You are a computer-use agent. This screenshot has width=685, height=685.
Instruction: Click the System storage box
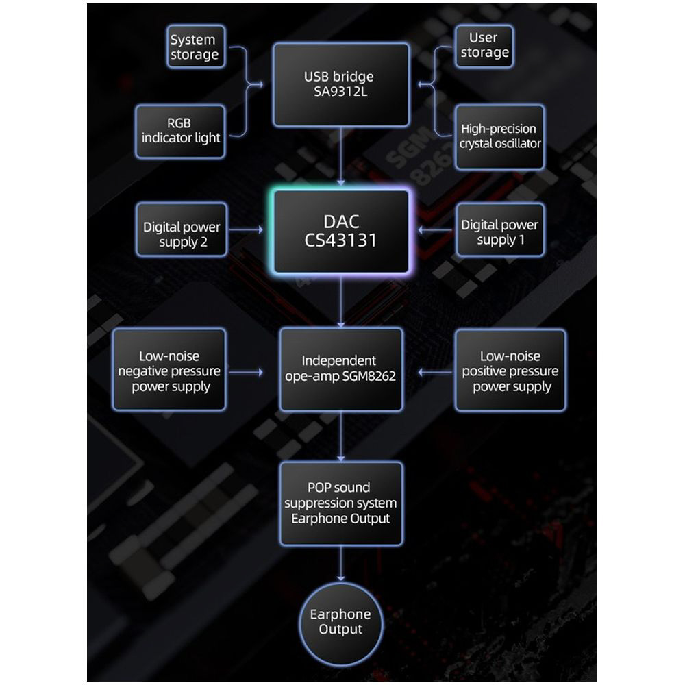tap(195, 47)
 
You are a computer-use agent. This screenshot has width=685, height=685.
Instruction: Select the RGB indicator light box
tap(180, 131)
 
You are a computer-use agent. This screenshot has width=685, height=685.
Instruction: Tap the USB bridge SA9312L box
tap(340, 84)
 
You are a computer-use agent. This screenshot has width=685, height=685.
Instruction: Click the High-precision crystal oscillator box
tap(499, 136)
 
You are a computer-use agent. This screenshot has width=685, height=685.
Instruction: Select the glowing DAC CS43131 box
tap(340, 231)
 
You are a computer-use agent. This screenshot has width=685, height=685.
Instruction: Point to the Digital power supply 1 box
tap(499, 232)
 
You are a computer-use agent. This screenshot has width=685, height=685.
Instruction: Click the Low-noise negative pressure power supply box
tap(169, 370)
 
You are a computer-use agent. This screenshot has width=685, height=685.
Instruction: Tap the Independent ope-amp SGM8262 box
tap(340, 369)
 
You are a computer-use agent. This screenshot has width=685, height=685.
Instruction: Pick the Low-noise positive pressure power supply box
tap(510, 371)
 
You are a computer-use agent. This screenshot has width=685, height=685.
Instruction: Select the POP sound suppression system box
tap(340, 503)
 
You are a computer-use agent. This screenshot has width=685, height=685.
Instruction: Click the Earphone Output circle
tap(340, 621)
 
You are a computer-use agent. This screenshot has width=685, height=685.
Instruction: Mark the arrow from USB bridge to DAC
tap(340, 158)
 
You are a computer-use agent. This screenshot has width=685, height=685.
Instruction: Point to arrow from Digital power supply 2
tap(247, 230)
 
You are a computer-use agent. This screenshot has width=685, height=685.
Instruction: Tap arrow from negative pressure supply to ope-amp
tap(247, 372)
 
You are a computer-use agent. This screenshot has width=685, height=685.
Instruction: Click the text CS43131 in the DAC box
tap(340, 241)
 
